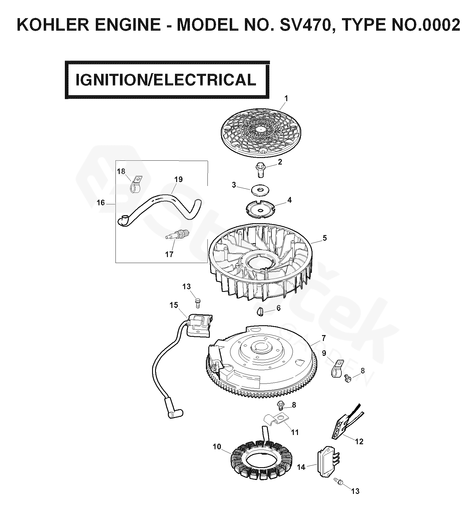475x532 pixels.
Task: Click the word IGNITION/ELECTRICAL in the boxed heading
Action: pyautogui.click(x=166, y=80)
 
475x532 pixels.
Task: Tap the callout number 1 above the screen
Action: pyautogui.click(x=286, y=98)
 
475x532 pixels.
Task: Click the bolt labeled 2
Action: pyautogui.click(x=260, y=170)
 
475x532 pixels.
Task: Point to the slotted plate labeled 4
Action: pyautogui.click(x=260, y=209)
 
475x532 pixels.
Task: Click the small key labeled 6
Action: pyautogui.click(x=260, y=313)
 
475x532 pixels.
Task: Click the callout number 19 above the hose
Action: pyautogui.click(x=178, y=179)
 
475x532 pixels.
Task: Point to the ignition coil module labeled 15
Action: pyautogui.click(x=199, y=325)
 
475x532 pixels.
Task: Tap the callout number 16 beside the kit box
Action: pyautogui.click(x=101, y=203)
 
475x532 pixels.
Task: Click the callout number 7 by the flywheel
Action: pyautogui.click(x=324, y=338)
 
